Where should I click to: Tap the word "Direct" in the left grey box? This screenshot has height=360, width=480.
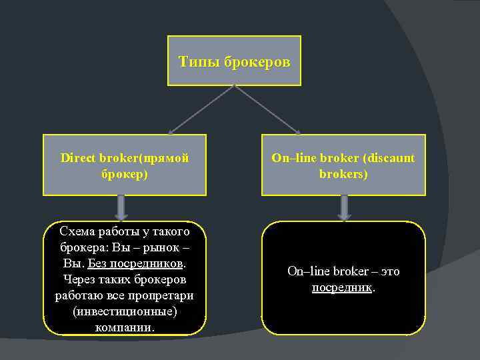pyautogui.click(x=78, y=158)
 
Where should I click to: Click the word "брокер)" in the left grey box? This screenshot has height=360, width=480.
pyautogui.click(x=125, y=173)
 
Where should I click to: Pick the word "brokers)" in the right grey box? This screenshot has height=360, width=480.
pyautogui.click(x=343, y=173)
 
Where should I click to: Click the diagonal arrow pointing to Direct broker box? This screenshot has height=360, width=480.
pyautogui.click(x=199, y=110)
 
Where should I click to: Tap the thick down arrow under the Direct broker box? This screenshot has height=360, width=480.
pyautogui.click(x=121, y=207)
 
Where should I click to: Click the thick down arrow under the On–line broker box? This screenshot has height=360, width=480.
pyautogui.click(x=343, y=207)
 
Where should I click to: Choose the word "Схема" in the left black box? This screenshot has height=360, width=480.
pyautogui.click(x=77, y=232)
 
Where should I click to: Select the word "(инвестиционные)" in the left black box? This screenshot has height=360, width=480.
pyautogui.click(x=125, y=311)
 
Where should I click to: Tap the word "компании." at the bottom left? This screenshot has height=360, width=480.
pyautogui.click(x=125, y=327)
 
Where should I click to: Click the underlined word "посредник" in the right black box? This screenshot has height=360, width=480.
pyautogui.click(x=341, y=287)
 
